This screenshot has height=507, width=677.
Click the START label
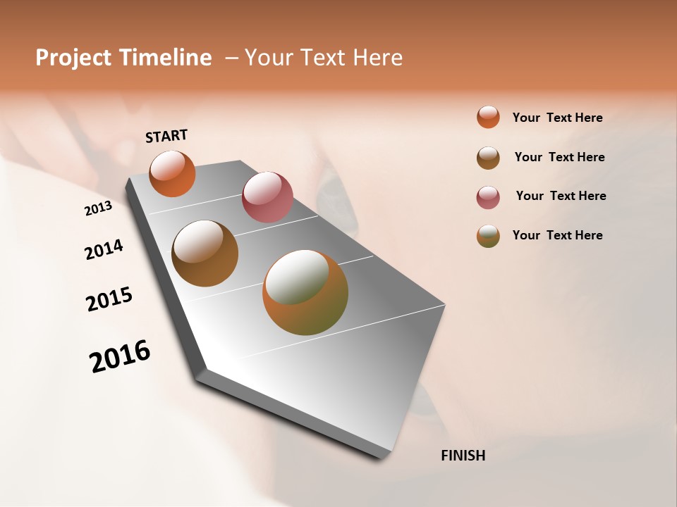coord(166,136)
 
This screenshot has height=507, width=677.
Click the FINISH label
coord(463,456)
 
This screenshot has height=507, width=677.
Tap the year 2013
coord(98,208)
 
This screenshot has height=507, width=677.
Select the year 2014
coord(104,250)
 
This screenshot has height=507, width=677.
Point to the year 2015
coord(109,299)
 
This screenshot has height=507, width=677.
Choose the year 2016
coord(120,356)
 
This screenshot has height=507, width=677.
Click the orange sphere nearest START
coord(172,173)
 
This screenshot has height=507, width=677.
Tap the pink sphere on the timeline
coord(267,197)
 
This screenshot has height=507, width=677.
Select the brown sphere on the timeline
coord(205,254)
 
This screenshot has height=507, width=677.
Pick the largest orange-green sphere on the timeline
coord(305,292)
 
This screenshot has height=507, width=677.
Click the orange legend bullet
coord(488,117)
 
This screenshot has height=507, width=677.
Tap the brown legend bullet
coord(488,158)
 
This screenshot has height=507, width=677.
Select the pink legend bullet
coord(488,197)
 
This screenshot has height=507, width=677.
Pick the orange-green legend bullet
coord(488,236)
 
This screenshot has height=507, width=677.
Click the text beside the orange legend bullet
coord(557,118)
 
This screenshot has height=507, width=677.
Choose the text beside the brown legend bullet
coord(559,157)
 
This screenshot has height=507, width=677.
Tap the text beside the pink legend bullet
coord(561,196)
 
